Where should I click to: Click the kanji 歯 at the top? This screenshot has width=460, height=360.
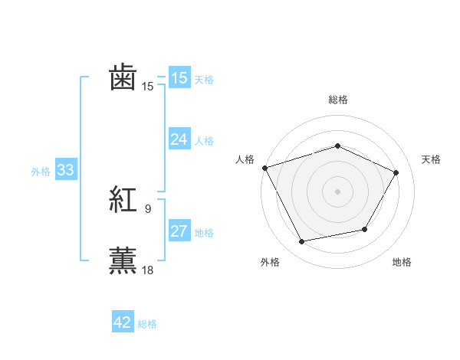pyautogui.click(x=123, y=78)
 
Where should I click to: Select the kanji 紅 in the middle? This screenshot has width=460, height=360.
pyautogui.click(x=123, y=201)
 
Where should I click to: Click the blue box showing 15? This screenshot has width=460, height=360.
pyautogui.click(x=179, y=78)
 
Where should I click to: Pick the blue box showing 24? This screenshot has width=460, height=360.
pyautogui.click(x=179, y=139)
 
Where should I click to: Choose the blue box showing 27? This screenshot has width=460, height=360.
pyautogui.click(x=179, y=231)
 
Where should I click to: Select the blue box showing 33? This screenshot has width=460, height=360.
pyautogui.click(x=65, y=170)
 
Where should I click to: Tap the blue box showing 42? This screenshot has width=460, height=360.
pyautogui.click(x=123, y=322)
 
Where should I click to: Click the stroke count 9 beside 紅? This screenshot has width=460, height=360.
pyautogui.click(x=148, y=208)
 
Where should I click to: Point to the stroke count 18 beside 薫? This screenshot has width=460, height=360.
pyautogui.click(x=148, y=270)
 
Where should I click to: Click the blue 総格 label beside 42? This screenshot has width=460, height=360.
pyautogui.click(x=147, y=324)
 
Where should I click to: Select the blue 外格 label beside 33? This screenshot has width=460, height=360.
pyautogui.click(x=41, y=172)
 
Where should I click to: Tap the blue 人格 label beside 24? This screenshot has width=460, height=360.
pyautogui.click(x=204, y=141)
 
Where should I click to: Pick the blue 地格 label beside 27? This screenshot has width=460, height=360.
pyautogui.click(x=204, y=233)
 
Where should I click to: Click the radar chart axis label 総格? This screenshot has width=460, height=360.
pyautogui.click(x=337, y=100)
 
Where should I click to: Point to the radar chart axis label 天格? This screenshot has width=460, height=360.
pyautogui.click(x=431, y=159)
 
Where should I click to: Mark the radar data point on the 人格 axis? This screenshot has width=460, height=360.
pyautogui.click(x=264, y=167)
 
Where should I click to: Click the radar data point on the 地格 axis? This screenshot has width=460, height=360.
pyautogui.click(x=365, y=229)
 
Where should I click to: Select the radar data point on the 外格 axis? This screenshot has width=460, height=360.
pyautogui.click(x=301, y=242)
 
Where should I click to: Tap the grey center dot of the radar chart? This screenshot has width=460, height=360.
pyautogui.click(x=337, y=191)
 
